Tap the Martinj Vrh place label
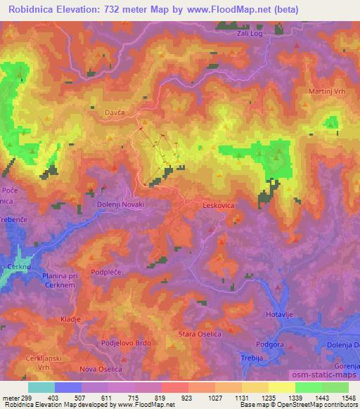(328, 92)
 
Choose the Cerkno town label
(15, 258)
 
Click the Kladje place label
(71, 319)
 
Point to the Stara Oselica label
(200, 334)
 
